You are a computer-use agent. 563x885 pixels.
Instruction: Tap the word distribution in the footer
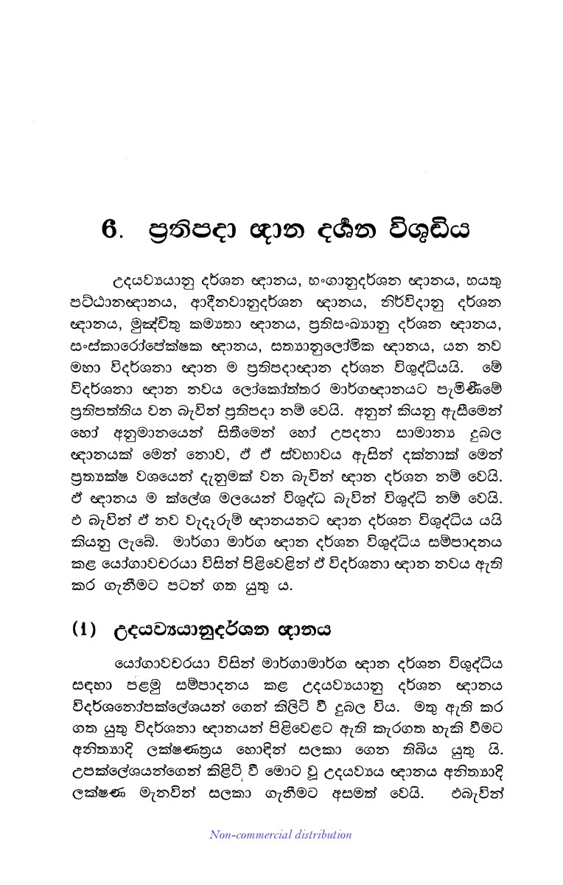321,835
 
